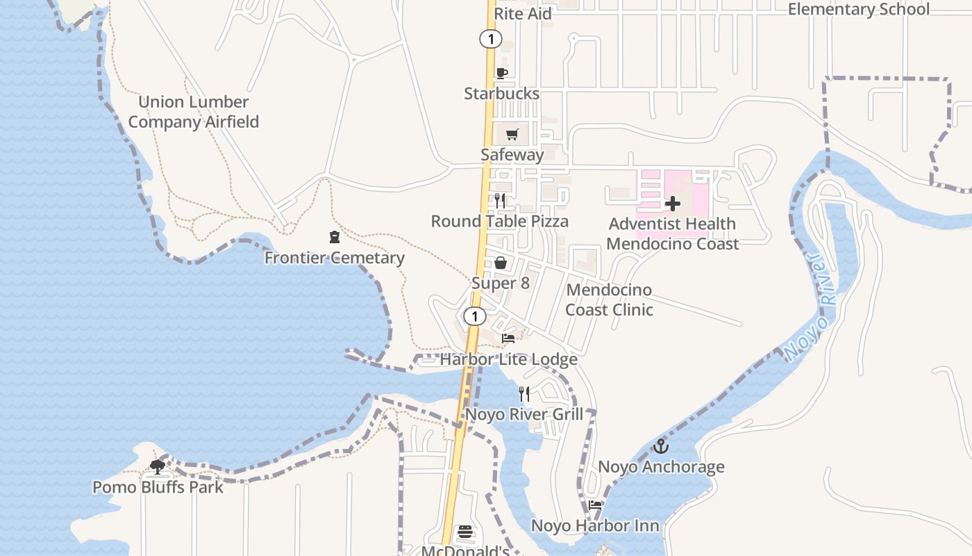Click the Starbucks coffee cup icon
pyautogui.click(x=501, y=73)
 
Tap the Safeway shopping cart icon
pyautogui.click(x=512, y=134)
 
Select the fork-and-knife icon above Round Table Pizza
pyautogui.click(x=500, y=201)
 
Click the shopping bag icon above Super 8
pyautogui.click(x=500, y=263)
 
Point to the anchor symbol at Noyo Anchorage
pyautogui.click(x=661, y=446)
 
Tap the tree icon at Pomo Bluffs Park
pyautogui.click(x=158, y=466)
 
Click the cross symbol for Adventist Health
pyautogui.click(x=672, y=204)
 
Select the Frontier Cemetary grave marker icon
pyautogui.click(x=335, y=237)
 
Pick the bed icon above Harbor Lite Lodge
pyautogui.click(x=508, y=338)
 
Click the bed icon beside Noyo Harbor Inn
pyautogui.click(x=595, y=505)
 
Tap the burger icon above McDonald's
pyautogui.click(x=465, y=533)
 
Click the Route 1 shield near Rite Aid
pyautogui.click(x=490, y=39)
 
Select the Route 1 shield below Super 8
pyautogui.click(x=474, y=317)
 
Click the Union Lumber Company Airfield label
pyautogui.click(x=193, y=112)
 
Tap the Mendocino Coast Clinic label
pyautogui.click(x=609, y=300)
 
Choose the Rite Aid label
pyautogui.click(x=523, y=14)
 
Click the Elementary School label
pyautogui.click(x=858, y=9)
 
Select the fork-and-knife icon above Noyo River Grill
pyautogui.click(x=524, y=394)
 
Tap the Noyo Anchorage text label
pyautogui.click(x=661, y=467)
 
